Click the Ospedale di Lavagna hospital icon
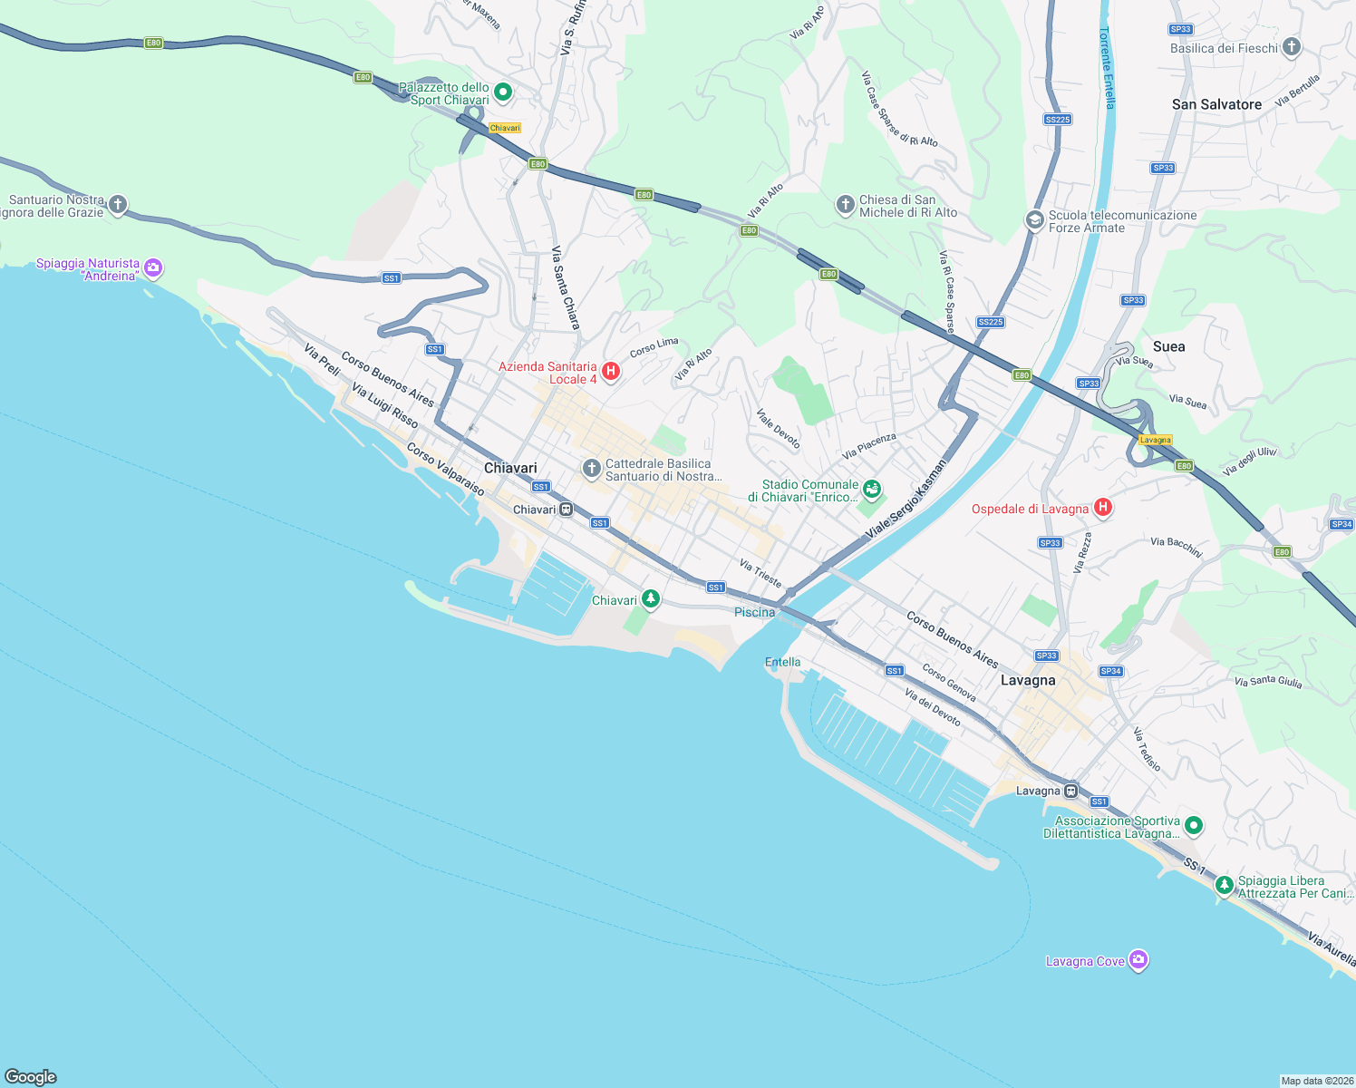(1102, 507)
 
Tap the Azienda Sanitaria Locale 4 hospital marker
(611, 371)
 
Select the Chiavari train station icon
(566, 510)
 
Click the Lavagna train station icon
(1071, 790)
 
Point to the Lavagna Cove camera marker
(1138, 960)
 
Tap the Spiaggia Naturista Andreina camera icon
(153, 267)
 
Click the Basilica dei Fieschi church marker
(1292, 47)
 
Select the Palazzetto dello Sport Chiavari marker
(503, 92)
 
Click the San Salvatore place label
(1216, 104)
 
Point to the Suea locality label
(1168, 346)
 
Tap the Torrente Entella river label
(1108, 68)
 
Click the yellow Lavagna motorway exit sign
(1155, 440)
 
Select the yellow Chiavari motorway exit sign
(505, 128)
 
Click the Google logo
(31, 1076)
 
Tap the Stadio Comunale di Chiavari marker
(871, 490)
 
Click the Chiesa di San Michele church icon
(845, 205)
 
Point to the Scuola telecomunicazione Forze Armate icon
(1034, 220)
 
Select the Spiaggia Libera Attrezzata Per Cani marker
(1224, 885)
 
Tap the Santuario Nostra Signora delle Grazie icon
(118, 205)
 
